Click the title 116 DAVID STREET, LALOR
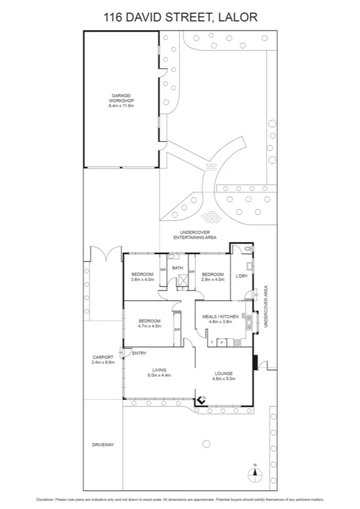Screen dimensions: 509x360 [180, 18]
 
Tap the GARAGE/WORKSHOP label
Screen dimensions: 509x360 [121, 98]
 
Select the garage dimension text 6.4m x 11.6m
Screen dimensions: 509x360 [121, 106]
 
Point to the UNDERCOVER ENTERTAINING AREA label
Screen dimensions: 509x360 [195, 235]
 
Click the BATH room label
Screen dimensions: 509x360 [177, 268]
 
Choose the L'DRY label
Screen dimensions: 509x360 [242, 276]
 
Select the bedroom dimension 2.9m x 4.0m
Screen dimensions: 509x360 [213, 279]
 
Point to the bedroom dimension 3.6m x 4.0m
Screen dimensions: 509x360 [143, 279]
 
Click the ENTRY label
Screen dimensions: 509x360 [139, 353]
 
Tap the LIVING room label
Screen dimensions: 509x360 [159, 370]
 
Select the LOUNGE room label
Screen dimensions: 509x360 [225, 374]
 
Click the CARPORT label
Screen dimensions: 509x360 [102, 357]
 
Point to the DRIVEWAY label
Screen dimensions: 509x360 [103, 444]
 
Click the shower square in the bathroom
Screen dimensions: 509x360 [178, 279]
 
